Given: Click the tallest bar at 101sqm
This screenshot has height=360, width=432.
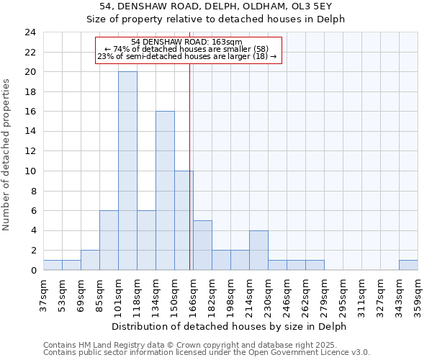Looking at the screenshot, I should click(x=127, y=171).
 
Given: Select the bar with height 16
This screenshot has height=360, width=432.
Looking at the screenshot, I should click(x=165, y=191).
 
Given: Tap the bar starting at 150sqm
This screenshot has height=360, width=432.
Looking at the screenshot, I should click(x=184, y=220).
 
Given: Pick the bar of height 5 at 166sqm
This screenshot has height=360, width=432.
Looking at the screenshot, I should click(x=202, y=245).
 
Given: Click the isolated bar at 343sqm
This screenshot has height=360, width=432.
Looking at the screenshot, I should click(x=408, y=265).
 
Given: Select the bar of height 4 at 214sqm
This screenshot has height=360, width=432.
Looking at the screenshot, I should click(x=258, y=250).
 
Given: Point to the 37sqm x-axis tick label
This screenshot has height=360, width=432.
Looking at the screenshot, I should click(x=44, y=293).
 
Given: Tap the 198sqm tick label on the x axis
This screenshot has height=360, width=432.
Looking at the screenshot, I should click(x=231, y=293).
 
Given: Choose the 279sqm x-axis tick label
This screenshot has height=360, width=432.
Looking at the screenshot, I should click(x=325, y=293).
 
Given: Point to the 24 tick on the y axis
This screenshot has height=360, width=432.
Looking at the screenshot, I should click(x=30, y=32).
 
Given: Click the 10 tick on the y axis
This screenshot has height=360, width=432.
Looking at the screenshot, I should click(x=30, y=171).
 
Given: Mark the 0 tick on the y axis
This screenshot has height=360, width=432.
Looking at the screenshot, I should click(x=33, y=270).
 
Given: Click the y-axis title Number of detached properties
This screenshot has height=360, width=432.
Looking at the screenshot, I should click(x=8, y=155).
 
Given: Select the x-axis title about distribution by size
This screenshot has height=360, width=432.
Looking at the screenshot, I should click(x=230, y=326).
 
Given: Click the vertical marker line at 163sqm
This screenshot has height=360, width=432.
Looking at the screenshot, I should click(x=189, y=180).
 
